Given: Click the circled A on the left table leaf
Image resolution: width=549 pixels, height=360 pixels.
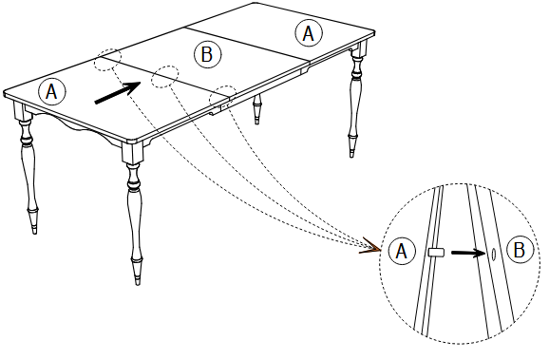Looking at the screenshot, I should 52,90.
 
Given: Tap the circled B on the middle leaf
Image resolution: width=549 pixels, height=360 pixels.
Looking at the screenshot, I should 207,54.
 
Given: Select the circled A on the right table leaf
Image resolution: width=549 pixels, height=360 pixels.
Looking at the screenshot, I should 307,33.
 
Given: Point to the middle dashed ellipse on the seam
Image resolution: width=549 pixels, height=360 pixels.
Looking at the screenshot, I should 167,74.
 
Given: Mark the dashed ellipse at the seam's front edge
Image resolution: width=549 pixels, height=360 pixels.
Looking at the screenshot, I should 223,94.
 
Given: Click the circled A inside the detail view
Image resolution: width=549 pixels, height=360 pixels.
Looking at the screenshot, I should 403,252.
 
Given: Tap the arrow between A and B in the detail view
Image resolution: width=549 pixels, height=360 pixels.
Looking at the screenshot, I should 465,253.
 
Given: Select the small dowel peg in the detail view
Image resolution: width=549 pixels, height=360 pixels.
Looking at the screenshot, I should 436,253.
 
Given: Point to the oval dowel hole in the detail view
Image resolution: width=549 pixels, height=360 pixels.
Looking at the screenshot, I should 493,253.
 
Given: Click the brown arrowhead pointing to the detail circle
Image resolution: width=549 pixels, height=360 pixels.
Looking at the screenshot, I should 369,250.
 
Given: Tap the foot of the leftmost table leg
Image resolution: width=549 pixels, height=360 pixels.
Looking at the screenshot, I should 36,228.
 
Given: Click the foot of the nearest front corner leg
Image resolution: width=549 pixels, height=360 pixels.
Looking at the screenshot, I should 137,277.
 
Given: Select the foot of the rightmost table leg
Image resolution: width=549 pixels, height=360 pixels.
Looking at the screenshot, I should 354,151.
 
